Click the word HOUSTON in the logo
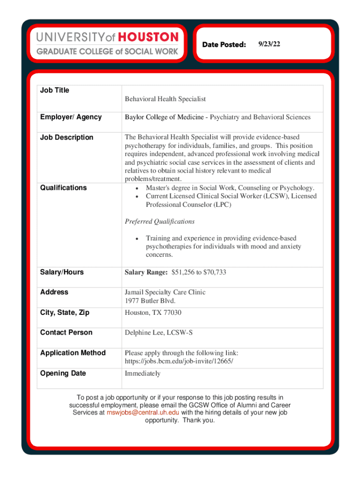coord(148,37)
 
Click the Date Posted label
coord(224,44)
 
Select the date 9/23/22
coord(268,44)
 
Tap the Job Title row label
coord(55,90)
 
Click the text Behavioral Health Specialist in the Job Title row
coord(165,99)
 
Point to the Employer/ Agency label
coord(71,117)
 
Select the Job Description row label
coord(66,138)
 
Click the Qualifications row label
coord(63,188)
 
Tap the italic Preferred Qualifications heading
coord(159,221)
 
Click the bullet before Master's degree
coord(136,188)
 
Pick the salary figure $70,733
coord(213,272)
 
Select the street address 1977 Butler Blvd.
coord(150,301)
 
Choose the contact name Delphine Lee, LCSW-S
coord(158,333)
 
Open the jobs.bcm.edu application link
coord(179,362)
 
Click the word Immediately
coord(143,373)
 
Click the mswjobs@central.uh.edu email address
coord(143,412)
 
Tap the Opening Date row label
coord(63,373)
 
